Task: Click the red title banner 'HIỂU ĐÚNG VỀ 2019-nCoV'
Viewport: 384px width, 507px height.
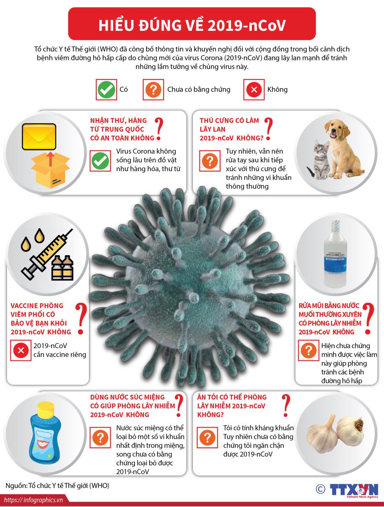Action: click(x=192, y=25)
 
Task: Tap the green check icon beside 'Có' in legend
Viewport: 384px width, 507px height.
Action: click(x=106, y=90)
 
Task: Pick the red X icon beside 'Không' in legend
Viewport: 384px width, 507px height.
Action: click(x=254, y=90)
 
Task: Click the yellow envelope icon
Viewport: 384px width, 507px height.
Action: click(x=39, y=136)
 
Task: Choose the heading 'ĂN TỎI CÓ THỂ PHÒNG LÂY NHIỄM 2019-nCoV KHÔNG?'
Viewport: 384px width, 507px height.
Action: click(x=232, y=406)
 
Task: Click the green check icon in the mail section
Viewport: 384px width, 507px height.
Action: click(x=101, y=161)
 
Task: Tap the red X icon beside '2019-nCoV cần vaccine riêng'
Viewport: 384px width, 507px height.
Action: click(x=21, y=350)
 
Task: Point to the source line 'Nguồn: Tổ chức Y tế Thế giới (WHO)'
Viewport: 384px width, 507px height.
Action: click(x=57, y=485)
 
